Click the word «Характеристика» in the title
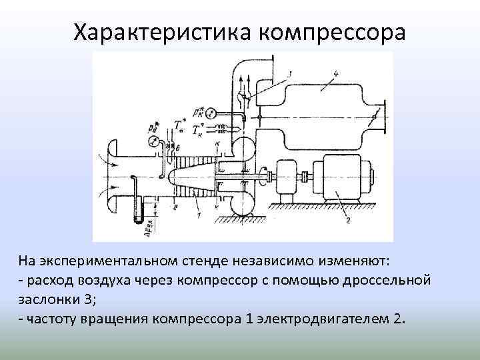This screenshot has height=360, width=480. pos(161,33)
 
